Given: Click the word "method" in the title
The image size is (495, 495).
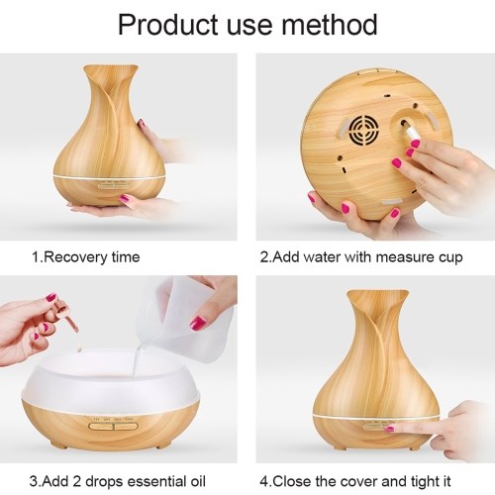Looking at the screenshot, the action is (329, 25).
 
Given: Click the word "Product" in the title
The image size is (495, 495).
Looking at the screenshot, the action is (168, 25).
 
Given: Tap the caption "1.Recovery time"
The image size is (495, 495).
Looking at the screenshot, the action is (86, 257).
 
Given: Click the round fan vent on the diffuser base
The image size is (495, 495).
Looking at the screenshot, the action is (363, 131).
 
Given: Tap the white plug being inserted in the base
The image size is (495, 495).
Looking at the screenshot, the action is (413, 134).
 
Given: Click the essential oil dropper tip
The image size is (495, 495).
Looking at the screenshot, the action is (78, 331).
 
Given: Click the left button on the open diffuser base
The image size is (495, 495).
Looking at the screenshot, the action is (101, 426).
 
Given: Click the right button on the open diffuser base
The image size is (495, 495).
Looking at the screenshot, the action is (126, 426).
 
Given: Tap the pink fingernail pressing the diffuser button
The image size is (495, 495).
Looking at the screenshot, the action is (389, 429).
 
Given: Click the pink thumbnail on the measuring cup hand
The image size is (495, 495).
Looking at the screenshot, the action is (198, 322).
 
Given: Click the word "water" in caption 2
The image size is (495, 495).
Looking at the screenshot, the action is (322, 257).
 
